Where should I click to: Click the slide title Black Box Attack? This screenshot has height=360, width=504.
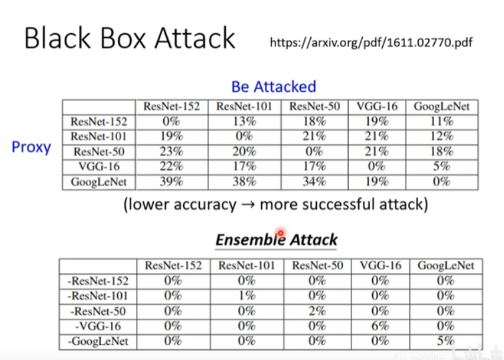[130, 38]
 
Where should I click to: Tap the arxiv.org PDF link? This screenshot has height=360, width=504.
[372, 43]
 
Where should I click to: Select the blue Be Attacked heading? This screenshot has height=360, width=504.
[274, 87]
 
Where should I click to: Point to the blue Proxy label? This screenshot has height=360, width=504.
[31, 146]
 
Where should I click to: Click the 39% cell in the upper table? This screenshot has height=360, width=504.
[171, 182]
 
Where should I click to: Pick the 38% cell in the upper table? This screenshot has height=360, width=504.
[244, 182]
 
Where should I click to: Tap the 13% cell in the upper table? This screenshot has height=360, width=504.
[244, 121]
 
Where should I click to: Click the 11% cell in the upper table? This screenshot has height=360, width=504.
[441, 121]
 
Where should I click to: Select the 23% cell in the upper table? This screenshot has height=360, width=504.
[171, 151]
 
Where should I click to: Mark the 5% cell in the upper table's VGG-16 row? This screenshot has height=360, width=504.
[441, 166]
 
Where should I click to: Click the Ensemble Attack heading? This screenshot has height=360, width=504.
[276, 240]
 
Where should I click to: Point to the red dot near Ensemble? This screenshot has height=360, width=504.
[281, 234]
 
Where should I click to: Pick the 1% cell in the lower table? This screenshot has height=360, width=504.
[247, 296]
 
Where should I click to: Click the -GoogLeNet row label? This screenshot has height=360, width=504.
[98, 341]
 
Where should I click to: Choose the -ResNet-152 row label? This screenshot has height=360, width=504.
[98, 281]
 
